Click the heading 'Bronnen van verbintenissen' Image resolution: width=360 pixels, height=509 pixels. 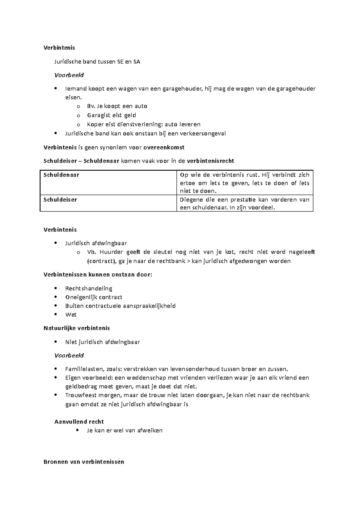84,462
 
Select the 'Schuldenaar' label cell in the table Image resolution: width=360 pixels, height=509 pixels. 61,175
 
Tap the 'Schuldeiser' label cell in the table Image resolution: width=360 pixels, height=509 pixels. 60,200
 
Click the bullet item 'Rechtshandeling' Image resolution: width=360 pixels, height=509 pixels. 88,288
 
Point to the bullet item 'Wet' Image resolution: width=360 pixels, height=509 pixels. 71,314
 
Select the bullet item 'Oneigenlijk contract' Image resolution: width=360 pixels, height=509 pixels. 94,297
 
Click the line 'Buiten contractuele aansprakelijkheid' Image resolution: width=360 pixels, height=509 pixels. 120,306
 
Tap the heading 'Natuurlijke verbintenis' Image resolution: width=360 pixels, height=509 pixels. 76,328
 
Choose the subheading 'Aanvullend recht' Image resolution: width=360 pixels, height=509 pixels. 79,421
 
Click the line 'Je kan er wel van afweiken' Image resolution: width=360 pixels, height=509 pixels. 124,430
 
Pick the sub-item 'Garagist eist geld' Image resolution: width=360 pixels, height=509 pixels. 111,115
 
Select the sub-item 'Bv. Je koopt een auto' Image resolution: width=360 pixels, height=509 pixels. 117,106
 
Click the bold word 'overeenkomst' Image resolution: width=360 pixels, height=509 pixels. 164,147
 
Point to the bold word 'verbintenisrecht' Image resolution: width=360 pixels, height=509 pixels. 210,161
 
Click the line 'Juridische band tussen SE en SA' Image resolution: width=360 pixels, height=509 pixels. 97,62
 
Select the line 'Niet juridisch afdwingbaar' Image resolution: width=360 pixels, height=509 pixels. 102,342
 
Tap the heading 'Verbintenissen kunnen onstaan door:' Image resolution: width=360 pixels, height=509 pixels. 98,275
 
